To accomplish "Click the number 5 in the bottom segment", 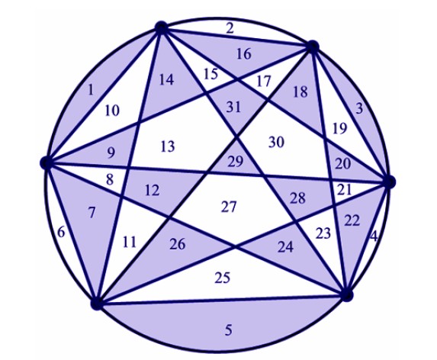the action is coord(228,330).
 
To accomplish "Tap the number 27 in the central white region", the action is coord(229,207).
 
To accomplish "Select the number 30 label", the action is coord(277,142).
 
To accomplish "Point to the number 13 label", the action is coord(168,146).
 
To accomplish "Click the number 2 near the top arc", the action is coord(230,28).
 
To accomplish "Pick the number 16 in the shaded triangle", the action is coord(244,54).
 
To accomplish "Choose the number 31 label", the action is coord(233,107).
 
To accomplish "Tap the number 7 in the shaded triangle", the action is coord(92,213).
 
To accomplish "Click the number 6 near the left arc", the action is coord(61,232).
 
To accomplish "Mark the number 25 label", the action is coord(223,278).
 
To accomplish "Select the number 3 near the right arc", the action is coord(359,108).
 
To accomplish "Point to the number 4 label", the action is coord(374,236).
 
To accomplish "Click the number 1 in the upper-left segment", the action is coord(90,90).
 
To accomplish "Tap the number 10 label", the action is coord(112,111).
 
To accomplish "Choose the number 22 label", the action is coord(352,221).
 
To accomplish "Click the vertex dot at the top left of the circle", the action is coord(161,27).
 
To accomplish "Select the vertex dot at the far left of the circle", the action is coord(47,162).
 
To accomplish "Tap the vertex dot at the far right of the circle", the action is coord(390,182).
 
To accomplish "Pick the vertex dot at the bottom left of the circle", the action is coord(97,304).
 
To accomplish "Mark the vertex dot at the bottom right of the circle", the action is coord(347,295).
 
